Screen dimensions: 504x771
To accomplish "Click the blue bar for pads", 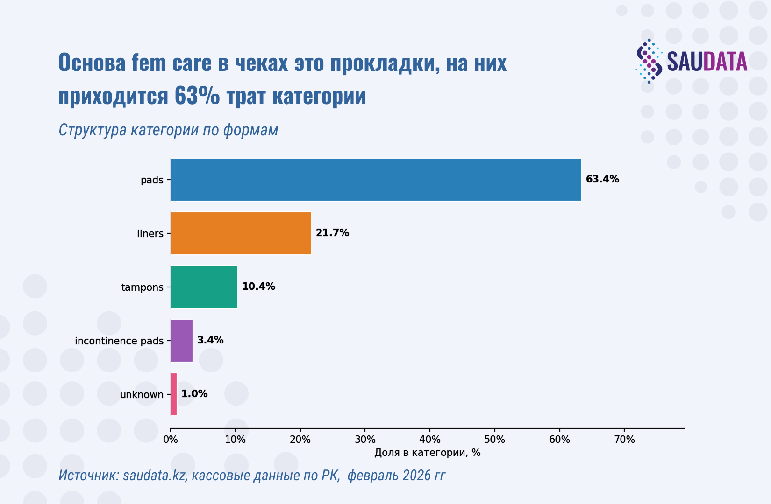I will pyautogui.click(x=376, y=180).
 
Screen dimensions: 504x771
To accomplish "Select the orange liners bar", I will pyautogui.click(x=241, y=233).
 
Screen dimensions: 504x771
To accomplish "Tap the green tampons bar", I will pyautogui.click(x=204, y=287).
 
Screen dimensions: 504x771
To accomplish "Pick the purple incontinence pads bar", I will pyautogui.click(x=182, y=341).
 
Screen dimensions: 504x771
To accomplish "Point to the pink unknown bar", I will pyautogui.click(x=174, y=394).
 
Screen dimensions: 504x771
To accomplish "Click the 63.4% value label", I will pyautogui.click(x=602, y=179).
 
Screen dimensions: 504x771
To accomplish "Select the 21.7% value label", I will pyautogui.click(x=332, y=233).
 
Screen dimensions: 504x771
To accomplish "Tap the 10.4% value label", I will pyautogui.click(x=258, y=287).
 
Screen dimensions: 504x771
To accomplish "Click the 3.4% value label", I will pyautogui.click(x=210, y=340).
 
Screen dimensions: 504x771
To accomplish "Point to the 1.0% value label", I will pyautogui.click(x=194, y=394).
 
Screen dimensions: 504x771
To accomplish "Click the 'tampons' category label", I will pyautogui.click(x=142, y=287).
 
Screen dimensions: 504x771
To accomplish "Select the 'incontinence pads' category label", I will pyautogui.click(x=119, y=341).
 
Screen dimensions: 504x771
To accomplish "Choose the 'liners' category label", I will pyautogui.click(x=150, y=234).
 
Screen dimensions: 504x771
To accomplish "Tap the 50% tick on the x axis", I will pyautogui.click(x=494, y=440).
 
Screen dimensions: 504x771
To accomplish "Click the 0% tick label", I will pyautogui.click(x=171, y=440).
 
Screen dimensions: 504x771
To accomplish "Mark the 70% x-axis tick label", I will pyautogui.click(x=624, y=440).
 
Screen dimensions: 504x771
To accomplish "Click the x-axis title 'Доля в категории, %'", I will pyautogui.click(x=427, y=453).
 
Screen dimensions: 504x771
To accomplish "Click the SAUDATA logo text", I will pyautogui.click(x=707, y=62).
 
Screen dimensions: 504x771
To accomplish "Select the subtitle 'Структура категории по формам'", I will pyautogui.click(x=168, y=130).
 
